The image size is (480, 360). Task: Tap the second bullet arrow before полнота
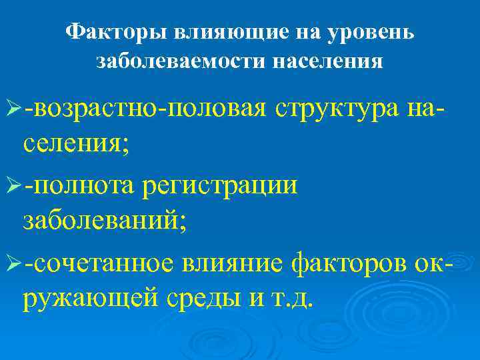(x=13, y=186)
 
